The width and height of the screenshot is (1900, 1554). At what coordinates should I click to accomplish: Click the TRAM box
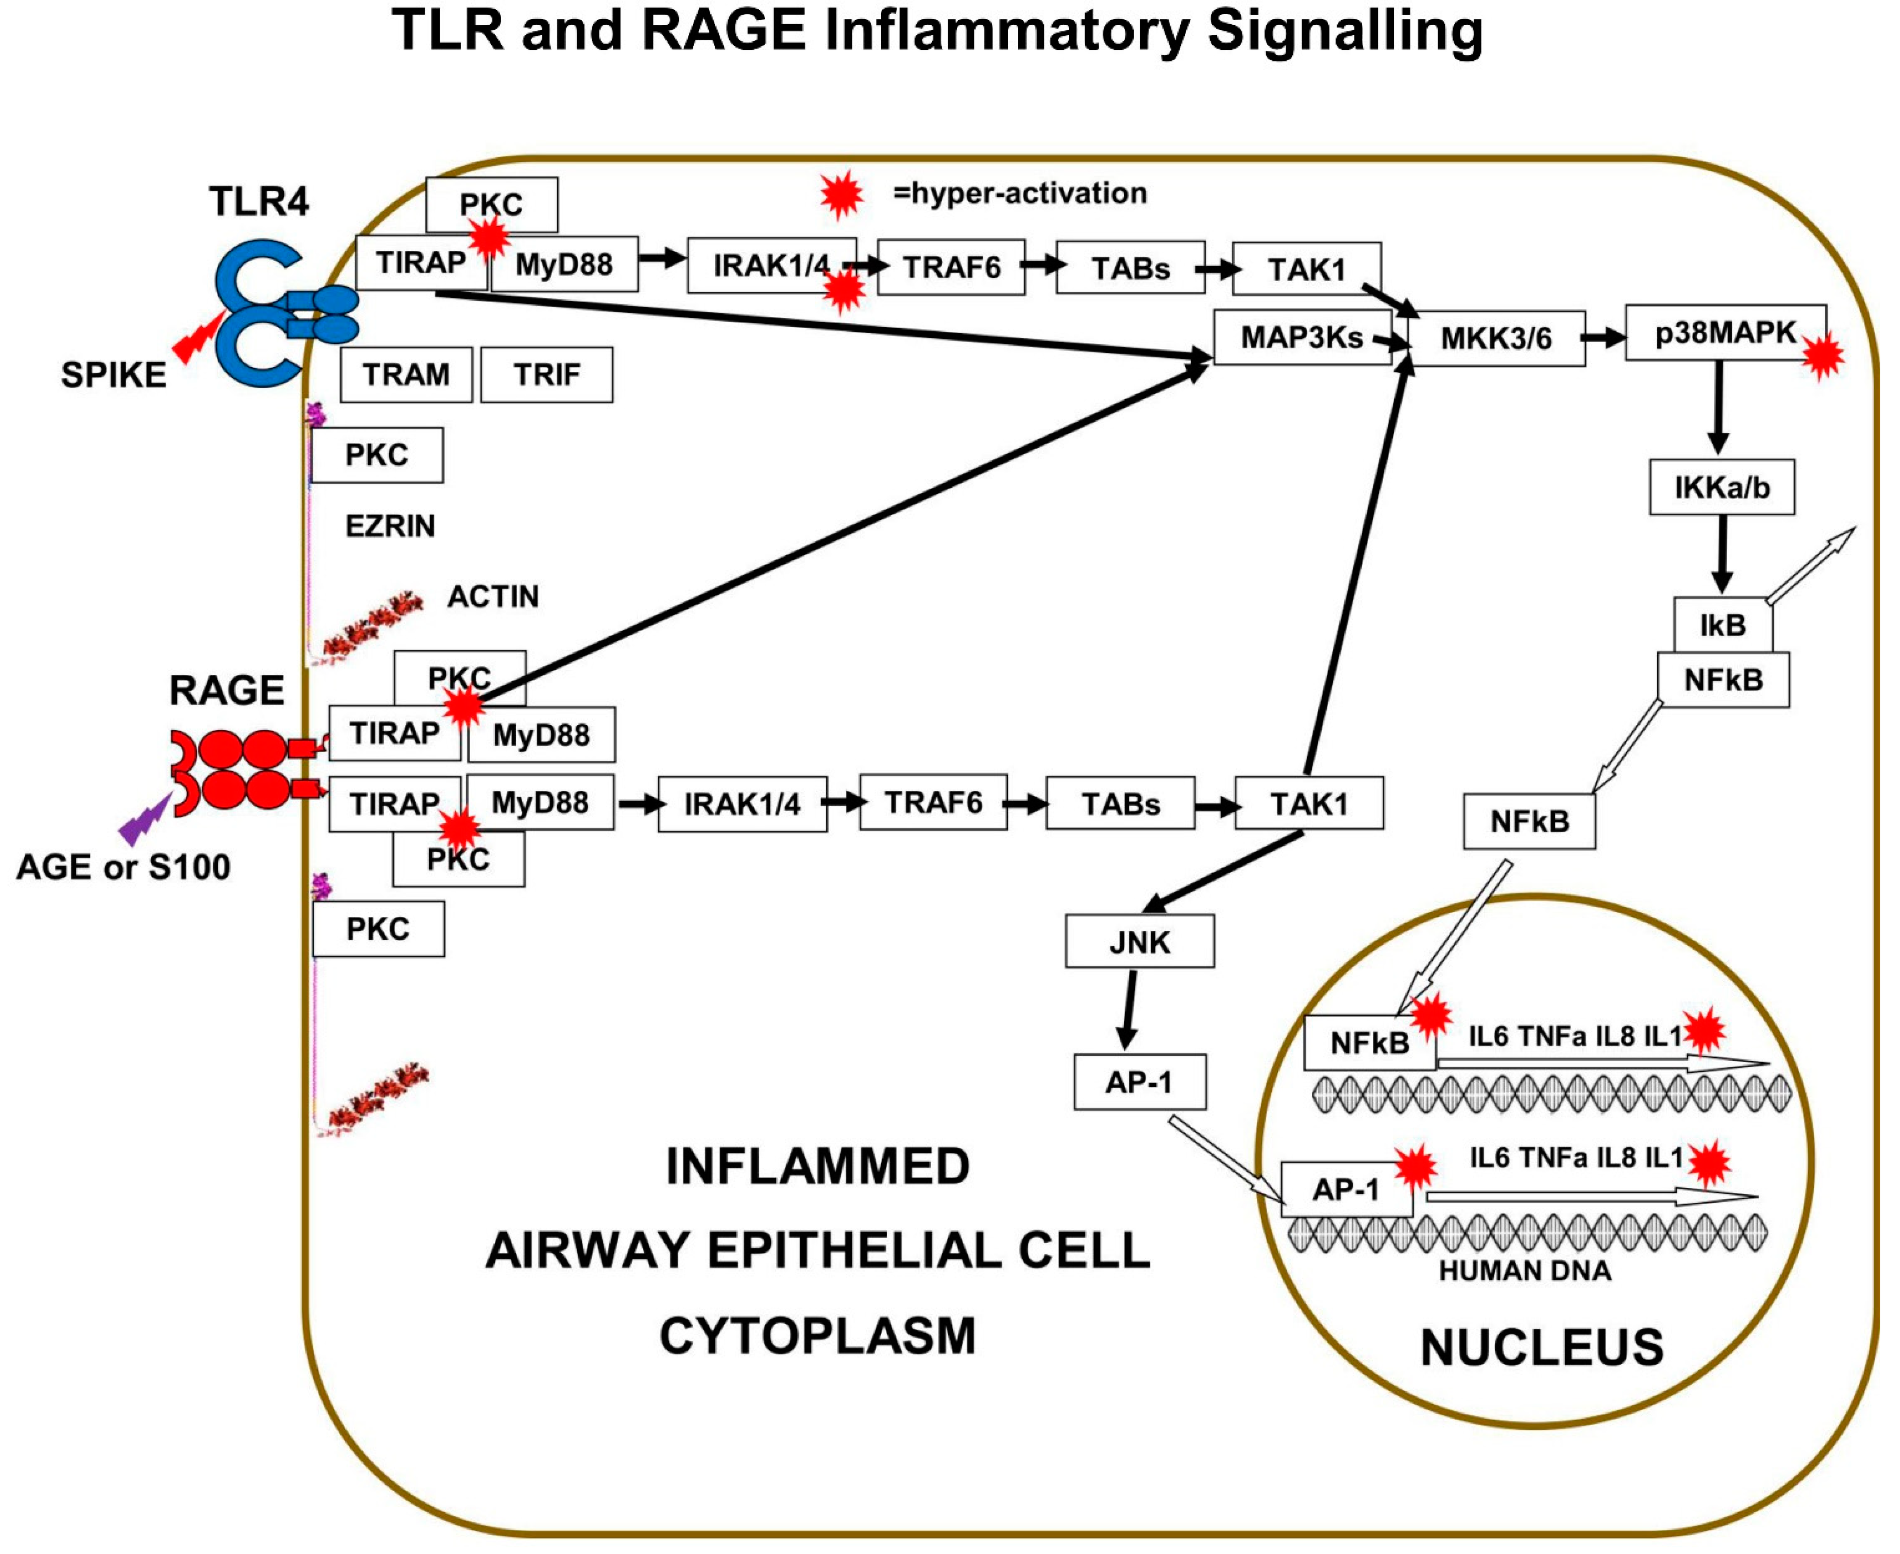(x=406, y=374)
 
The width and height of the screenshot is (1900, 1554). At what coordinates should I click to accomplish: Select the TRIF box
(x=546, y=374)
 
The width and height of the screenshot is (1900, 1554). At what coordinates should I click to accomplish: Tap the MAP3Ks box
(x=1301, y=337)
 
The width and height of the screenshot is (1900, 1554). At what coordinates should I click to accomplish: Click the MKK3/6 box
(x=1495, y=338)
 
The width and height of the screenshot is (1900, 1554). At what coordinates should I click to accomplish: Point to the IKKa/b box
(x=1721, y=488)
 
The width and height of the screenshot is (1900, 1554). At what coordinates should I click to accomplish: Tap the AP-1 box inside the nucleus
(x=1346, y=1190)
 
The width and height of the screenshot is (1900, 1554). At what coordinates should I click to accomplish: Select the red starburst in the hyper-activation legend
(x=841, y=194)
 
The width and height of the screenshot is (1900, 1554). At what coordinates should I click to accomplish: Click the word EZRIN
(x=390, y=526)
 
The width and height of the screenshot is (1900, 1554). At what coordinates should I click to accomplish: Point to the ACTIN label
(x=492, y=597)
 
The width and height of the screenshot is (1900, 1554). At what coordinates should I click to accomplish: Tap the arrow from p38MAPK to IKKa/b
(x=1718, y=408)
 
